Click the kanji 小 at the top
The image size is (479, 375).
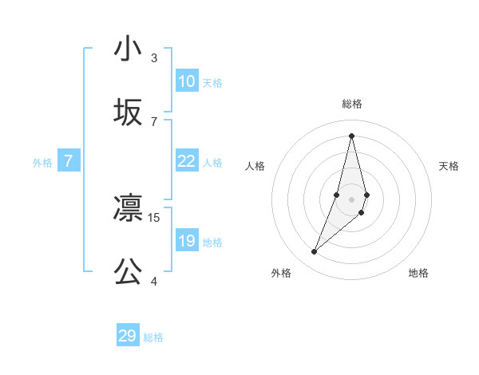point(128,49)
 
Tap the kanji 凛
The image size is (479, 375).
point(128,209)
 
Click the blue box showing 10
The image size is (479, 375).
point(186,81)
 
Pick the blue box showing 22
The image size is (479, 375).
point(186,161)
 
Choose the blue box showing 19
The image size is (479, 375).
point(186,241)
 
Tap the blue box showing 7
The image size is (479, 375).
point(69,161)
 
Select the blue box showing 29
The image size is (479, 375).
point(128,336)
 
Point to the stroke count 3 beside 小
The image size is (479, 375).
point(154,57)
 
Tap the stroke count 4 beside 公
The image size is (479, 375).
point(154,280)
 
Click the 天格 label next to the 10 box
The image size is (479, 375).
point(212,83)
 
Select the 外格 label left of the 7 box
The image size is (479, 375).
point(42,163)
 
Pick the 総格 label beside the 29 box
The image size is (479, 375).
point(153,337)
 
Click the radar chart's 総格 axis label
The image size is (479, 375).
point(352,104)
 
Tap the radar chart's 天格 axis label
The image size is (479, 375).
point(449,166)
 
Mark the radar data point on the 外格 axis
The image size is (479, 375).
point(315,252)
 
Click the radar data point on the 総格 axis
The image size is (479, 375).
point(352,135)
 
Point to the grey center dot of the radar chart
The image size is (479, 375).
point(352,199)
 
